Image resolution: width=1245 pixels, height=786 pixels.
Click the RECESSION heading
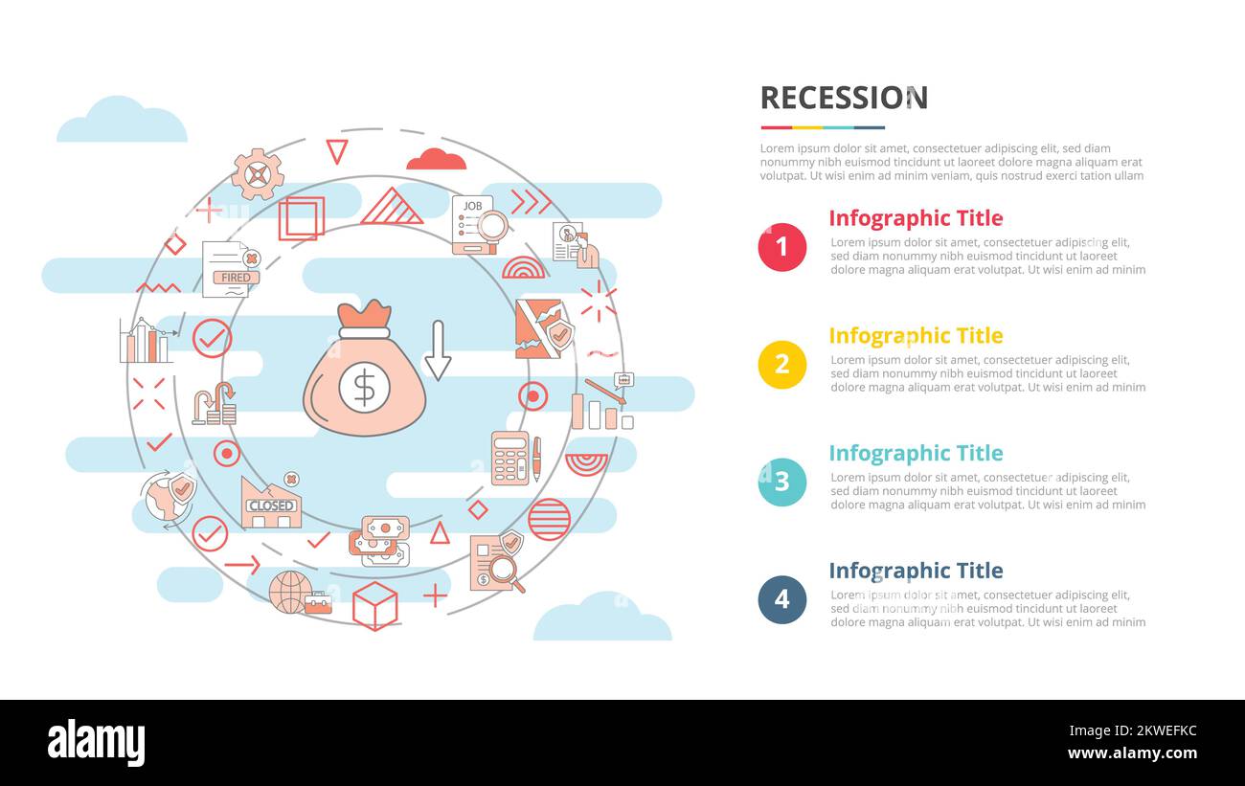(844, 98)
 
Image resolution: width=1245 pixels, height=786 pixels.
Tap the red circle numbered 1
(781, 247)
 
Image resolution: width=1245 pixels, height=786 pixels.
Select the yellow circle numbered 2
(781, 365)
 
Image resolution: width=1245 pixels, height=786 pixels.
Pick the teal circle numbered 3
(781, 482)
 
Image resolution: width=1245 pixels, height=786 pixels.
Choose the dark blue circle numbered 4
(781, 599)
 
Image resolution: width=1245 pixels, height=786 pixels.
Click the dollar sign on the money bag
(364, 388)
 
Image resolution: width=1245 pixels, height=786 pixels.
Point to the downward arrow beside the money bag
(438, 350)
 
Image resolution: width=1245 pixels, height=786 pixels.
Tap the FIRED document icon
(231, 269)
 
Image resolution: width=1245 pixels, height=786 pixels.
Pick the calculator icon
(510, 458)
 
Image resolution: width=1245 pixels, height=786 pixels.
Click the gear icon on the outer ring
(258, 174)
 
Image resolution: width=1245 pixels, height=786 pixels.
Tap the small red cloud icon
(436, 160)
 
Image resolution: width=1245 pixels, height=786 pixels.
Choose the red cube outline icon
(374, 605)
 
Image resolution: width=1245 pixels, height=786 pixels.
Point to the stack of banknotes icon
(379, 541)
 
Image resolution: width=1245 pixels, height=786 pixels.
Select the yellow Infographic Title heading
(916, 336)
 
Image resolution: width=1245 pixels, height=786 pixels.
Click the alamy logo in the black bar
(96, 743)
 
